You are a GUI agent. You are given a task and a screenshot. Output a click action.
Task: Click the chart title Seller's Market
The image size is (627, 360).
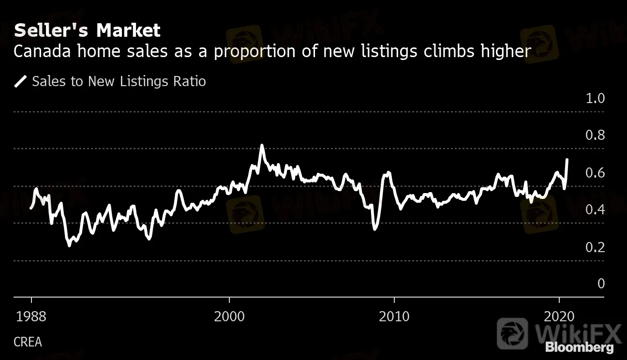tap(87, 30)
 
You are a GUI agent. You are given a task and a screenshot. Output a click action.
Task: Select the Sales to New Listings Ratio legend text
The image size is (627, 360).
tap(119, 81)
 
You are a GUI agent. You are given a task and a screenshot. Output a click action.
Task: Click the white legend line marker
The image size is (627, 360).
tap(21, 81)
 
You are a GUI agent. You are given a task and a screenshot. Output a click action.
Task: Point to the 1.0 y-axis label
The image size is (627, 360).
tap(595, 98)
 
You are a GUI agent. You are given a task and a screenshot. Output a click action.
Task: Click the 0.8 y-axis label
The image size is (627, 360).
tap(595, 135)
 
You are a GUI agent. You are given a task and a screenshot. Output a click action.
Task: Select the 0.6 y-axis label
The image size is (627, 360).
tap(595, 173)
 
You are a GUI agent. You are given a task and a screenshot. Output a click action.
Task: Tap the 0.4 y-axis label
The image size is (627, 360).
tap(595, 210)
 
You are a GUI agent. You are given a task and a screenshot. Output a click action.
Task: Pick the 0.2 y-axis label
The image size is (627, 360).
tap(595, 247)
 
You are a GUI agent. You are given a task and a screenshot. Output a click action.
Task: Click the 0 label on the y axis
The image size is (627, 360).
tap(601, 284)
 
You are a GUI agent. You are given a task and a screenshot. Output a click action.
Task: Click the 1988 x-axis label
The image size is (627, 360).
tap(31, 317)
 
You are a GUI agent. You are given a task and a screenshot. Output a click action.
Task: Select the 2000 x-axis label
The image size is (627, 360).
tap(229, 317)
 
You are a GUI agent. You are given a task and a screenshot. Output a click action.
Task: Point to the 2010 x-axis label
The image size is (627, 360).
tap(394, 317)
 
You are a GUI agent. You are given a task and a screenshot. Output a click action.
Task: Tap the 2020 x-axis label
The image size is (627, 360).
tap(559, 317)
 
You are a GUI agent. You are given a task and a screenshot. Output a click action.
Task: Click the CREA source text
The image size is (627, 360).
tap(28, 342)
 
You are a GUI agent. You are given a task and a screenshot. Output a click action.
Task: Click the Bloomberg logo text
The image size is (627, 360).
tap(579, 347)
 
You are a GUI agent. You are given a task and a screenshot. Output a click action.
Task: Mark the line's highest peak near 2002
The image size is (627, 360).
tap(262, 145)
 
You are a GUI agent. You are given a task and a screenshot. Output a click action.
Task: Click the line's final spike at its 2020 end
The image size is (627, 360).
tap(567, 160)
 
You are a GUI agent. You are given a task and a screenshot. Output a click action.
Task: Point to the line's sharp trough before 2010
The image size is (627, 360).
tap(375, 228)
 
